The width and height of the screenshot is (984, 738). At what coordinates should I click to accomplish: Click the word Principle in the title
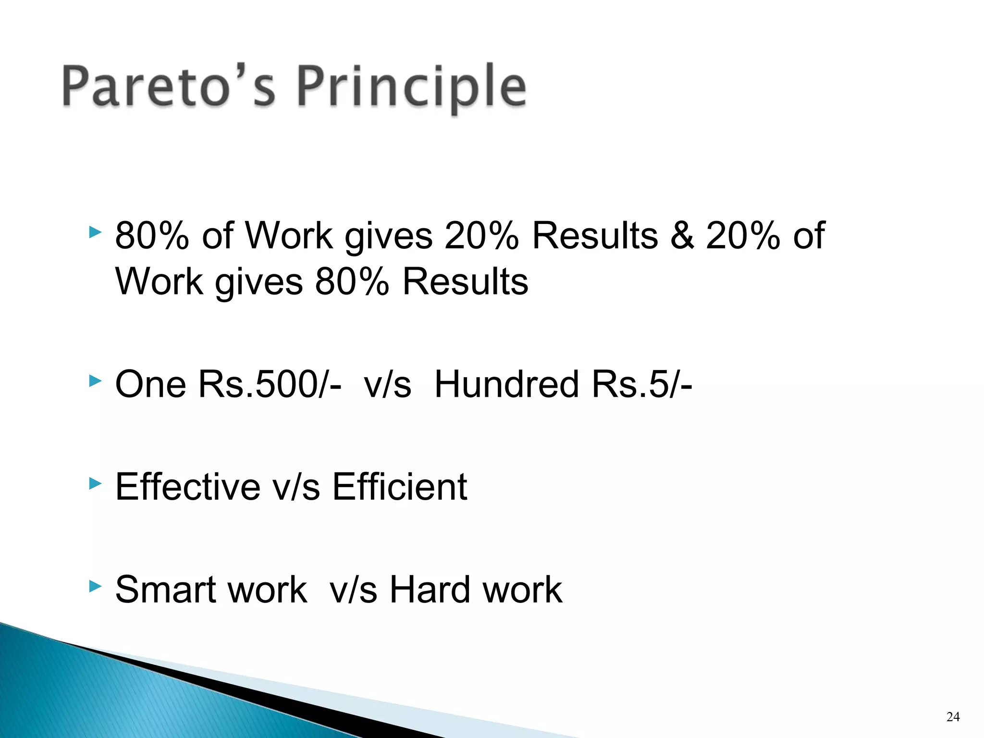[411, 86]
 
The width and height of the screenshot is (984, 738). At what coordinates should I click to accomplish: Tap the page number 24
[953, 717]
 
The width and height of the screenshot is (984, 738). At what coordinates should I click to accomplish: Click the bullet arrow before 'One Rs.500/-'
[96, 382]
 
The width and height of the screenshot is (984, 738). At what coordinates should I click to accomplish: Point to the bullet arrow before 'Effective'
[96, 484]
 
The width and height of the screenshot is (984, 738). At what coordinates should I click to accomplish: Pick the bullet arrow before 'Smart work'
[96, 586]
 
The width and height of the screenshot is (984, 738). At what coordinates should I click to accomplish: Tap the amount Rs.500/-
[270, 384]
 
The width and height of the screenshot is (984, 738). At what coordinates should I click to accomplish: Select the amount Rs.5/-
[642, 384]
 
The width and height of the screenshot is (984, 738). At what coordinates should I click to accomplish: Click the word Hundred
[506, 384]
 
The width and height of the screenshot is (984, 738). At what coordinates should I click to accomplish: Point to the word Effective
[188, 487]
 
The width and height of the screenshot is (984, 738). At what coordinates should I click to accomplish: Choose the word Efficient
[400, 487]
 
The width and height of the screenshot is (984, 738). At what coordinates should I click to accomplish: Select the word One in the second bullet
[150, 384]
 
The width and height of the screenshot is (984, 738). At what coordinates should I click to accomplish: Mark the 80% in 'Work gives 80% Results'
[352, 282]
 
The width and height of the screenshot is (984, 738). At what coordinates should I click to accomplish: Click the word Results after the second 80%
[466, 282]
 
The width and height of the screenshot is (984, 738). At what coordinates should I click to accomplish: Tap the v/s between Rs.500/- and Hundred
[387, 384]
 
